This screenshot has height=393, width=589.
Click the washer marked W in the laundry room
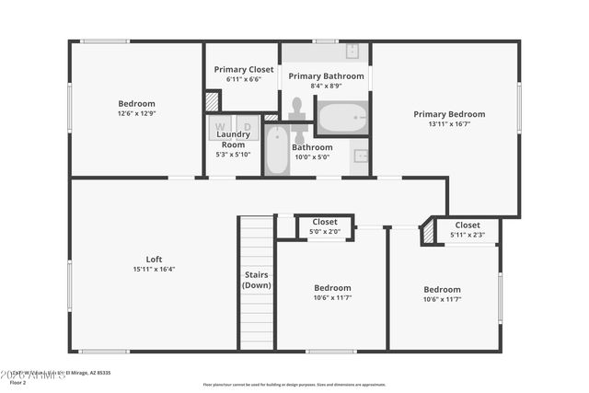[x=220, y=126]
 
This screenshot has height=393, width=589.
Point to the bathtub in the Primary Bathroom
[x=342, y=117]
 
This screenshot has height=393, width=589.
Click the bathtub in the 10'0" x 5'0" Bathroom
[x=276, y=151]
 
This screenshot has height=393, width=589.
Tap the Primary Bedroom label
[x=448, y=114]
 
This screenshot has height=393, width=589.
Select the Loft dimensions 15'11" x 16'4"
[x=154, y=270]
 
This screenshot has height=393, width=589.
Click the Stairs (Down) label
[x=256, y=280]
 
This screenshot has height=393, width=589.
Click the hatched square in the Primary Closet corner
[x=213, y=100]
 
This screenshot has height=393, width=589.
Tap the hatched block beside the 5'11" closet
[x=428, y=234]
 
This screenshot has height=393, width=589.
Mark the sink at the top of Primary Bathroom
[x=352, y=52]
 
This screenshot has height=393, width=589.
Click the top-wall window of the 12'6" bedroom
[x=104, y=40]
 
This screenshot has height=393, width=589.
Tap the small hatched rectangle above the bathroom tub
[x=271, y=118]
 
